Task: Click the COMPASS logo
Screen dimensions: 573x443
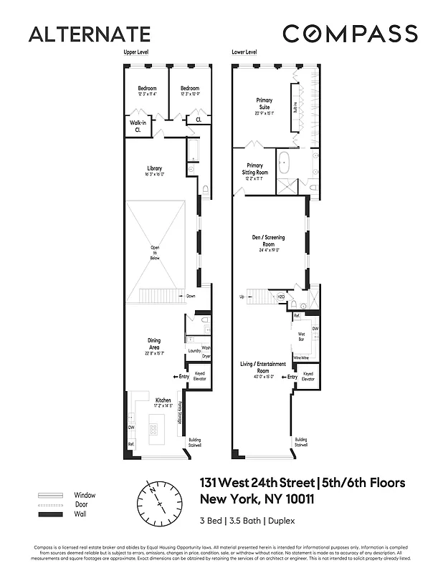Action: point(350,34)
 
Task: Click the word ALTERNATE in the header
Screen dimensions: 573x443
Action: point(90,34)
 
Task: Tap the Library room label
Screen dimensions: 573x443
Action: point(154,171)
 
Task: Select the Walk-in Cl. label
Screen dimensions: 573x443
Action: point(138,125)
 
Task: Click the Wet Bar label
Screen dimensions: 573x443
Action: point(303,335)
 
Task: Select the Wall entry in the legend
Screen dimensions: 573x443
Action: point(80,514)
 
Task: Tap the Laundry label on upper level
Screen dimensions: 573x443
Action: point(193,351)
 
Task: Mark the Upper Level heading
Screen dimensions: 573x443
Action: point(135,53)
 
